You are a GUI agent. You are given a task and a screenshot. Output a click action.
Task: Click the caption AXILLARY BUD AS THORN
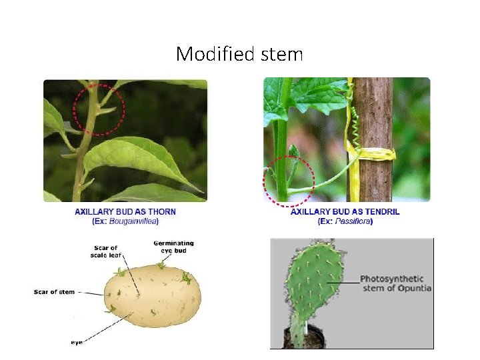coord(125,211)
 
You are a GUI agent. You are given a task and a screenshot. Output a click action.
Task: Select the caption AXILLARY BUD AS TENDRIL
coord(345,211)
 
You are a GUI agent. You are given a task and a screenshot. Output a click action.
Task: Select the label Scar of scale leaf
coord(105,251)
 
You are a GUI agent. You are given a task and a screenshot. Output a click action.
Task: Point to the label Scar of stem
coord(55,292)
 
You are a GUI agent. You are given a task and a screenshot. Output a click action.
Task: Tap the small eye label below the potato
coord(77,342)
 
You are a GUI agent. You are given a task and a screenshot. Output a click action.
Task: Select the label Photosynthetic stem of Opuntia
coord(395,283)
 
